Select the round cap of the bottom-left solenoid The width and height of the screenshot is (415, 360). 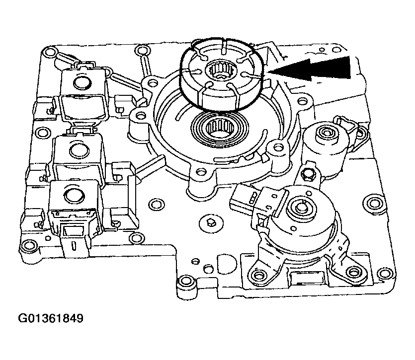[74, 196]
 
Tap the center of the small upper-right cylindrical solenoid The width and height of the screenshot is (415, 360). [327, 133]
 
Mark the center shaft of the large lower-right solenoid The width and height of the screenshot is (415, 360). [300, 208]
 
